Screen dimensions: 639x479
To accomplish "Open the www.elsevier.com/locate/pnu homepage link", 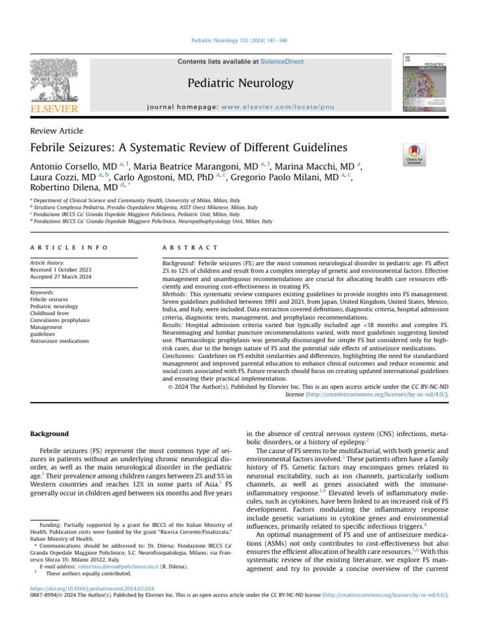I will (x=275, y=107).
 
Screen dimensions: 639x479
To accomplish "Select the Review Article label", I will (x=57, y=130).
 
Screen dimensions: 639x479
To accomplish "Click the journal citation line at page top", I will (x=239, y=41).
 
